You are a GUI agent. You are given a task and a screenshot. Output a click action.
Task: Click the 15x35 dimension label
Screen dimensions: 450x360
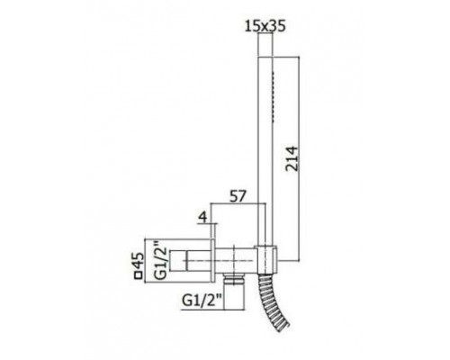pos(265,26)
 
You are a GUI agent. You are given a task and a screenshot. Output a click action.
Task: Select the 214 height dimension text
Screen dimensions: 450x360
pos(292,158)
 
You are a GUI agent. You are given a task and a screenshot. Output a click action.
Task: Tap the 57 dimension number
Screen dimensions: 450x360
pos(238,196)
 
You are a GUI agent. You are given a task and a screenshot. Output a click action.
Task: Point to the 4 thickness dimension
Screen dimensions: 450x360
pos(203,217)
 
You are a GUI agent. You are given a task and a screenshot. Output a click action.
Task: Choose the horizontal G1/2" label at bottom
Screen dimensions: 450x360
pos(202,301)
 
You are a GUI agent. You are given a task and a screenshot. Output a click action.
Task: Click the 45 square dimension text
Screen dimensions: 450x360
pos(139,260)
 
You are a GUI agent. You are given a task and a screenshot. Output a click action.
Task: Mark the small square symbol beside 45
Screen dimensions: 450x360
pos(139,275)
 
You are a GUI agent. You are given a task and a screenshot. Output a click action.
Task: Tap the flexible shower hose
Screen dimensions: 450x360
pos(274,303)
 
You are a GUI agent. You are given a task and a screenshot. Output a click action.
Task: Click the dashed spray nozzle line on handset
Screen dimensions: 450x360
pos(273,96)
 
